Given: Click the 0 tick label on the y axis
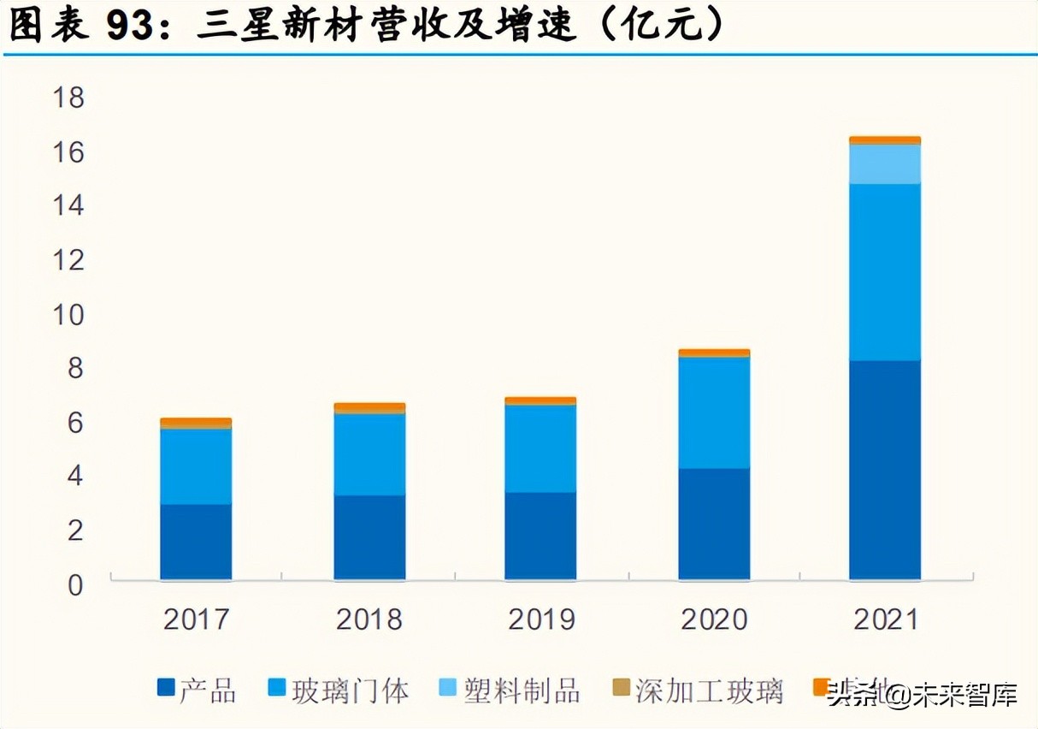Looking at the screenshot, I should pos(76,586).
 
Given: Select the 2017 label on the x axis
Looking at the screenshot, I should pos(197,619).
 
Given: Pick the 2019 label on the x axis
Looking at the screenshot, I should pos(541,619).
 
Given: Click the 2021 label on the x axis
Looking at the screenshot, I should pos(886,619).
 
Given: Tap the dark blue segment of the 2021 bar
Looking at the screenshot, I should pos(885,470).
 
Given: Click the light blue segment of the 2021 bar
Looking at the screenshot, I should pos(885,163).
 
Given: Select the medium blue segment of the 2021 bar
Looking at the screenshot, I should pos(885,272).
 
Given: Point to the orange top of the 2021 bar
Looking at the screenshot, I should pos(885,140).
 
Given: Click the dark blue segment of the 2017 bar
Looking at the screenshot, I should pos(196,542).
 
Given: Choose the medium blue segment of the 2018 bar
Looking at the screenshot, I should pos(369,454).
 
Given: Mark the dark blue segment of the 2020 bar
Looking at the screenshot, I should pos(714,524).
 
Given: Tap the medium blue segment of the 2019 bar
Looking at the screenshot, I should pos(540,448).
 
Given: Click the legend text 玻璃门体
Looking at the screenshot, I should pos(351,690).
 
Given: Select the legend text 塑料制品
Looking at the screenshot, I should pos(522,690).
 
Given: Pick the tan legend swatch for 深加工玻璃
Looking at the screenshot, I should pos(622,687).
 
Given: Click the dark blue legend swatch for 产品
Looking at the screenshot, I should pos(166,687).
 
